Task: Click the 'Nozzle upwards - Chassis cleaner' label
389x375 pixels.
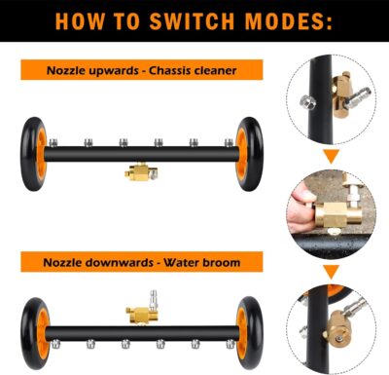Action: [142, 69]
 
